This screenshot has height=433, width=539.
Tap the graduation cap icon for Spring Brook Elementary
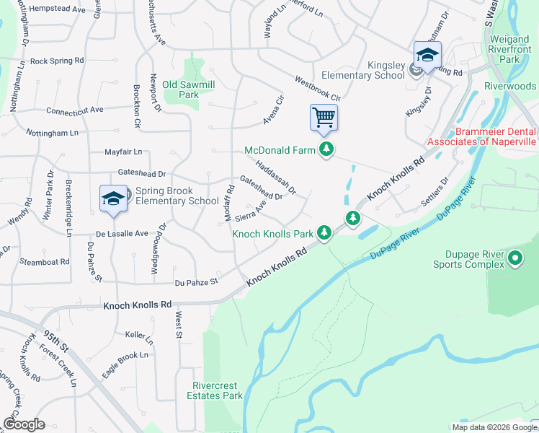pos(112,200)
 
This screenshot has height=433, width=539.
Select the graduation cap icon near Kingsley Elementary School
pos(427,55)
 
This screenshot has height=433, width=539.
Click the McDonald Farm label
pos(280,150)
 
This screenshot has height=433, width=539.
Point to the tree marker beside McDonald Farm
pos(327,149)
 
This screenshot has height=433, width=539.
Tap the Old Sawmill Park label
pos(189,89)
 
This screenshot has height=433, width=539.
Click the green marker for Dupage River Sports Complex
pos(515,257)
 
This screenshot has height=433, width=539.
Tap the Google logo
pos(24,424)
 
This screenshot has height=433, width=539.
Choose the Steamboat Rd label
pos(45,261)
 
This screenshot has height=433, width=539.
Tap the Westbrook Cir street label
pos(317,88)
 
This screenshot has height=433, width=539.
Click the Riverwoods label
pos(511,86)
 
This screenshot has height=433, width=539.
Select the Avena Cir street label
pos(274,109)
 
